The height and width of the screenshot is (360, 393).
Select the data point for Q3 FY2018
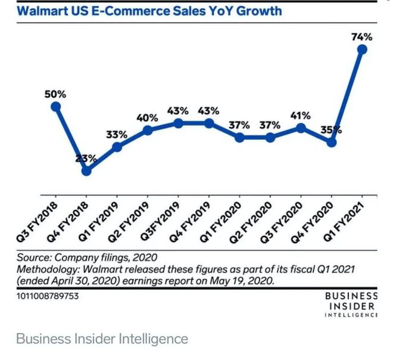(56, 107)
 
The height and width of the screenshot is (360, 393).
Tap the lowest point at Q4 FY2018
(87, 170)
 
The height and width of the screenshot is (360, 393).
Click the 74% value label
(363, 36)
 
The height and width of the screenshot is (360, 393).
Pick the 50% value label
(55, 94)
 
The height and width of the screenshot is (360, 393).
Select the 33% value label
(117, 134)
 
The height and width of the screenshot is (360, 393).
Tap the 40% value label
(148, 117)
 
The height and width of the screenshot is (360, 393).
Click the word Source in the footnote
(34, 257)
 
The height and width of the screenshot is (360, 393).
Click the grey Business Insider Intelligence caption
(102, 339)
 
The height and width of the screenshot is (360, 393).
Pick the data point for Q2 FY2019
(148, 130)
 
